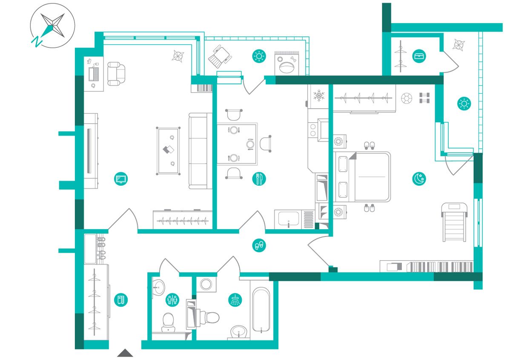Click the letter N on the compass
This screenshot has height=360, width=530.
point(37,42)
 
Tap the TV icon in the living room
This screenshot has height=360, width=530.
point(121,179)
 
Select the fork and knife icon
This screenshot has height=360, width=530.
point(259,179)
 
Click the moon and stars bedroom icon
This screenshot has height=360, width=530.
point(419,179)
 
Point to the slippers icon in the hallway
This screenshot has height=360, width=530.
point(259,245)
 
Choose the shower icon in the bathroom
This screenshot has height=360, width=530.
point(235,300)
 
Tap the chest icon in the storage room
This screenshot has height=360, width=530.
point(419,56)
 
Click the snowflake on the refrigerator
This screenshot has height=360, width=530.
point(319,95)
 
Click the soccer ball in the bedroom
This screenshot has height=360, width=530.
point(407,98)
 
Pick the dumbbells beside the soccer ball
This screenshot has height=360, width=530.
point(424,98)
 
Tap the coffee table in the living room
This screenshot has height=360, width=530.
point(168,151)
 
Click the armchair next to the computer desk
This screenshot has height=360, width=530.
point(116,74)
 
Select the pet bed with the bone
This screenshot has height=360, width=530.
point(286,63)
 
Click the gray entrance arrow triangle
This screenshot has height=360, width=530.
point(125,353)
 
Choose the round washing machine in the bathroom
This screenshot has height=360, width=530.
point(206,284)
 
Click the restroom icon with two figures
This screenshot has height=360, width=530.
point(172,300)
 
